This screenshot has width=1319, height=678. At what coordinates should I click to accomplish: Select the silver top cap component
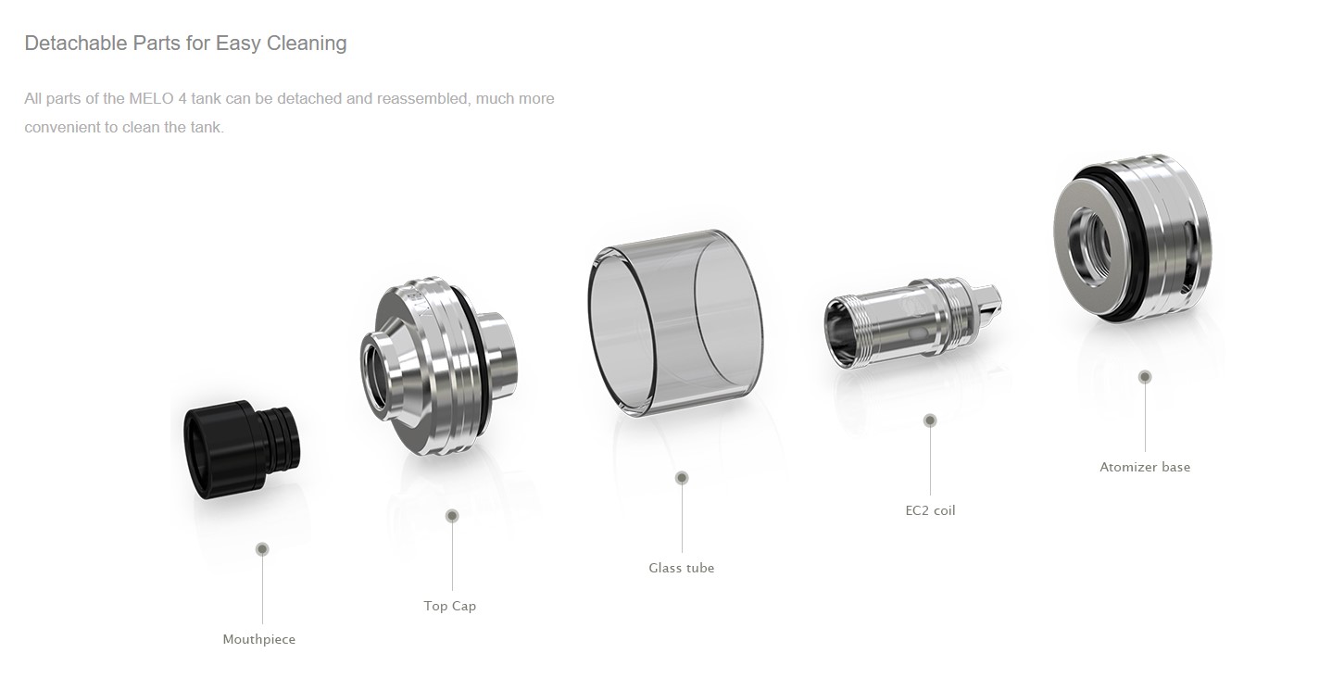pyautogui.click(x=439, y=365)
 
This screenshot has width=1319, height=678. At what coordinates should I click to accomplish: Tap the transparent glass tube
pyautogui.click(x=675, y=323)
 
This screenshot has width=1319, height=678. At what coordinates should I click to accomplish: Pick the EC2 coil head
pyautogui.click(x=912, y=324)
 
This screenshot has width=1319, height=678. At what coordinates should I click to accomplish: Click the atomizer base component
pyautogui.click(x=1132, y=239)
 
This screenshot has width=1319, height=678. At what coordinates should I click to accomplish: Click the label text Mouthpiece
pyautogui.click(x=259, y=639)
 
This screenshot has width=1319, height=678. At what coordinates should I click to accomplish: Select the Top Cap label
pyautogui.click(x=450, y=606)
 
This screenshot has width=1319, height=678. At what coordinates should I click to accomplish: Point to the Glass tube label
pyautogui.click(x=682, y=568)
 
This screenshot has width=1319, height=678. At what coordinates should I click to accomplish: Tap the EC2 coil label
pyautogui.click(x=930, y=510)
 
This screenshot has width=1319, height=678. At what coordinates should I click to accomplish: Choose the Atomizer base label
pyautogui.click(x=1145, y=467)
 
